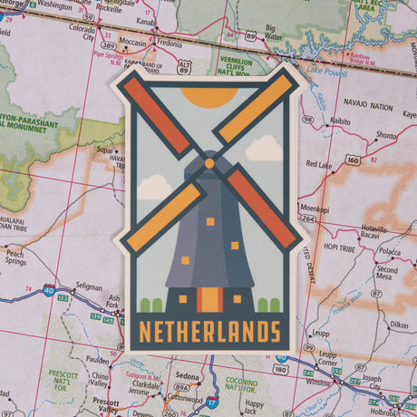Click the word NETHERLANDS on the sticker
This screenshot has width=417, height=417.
(209, 329)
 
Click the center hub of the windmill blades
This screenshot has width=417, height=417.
(209, 163)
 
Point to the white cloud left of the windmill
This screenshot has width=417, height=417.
(154, 186)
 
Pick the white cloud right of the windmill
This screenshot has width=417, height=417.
(264, 148)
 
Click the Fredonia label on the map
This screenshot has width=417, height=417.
(169, 42)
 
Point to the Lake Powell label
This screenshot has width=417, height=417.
(327, 70)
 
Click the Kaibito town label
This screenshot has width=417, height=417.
(340, 119)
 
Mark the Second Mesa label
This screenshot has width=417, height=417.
(387, 275)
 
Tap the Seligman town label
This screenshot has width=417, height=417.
(89, 286)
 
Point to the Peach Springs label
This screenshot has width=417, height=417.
(15, 257)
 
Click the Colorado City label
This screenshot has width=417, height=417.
(82, 33)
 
